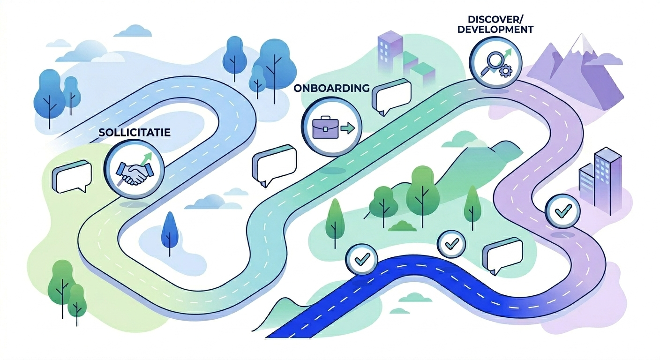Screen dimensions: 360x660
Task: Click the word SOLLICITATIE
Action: pos(135,133)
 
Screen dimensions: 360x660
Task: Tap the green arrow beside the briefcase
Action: pos(347,127)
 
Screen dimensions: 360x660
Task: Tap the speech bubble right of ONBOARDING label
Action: pos(393,96)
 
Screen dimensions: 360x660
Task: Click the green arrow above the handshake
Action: pos(148,157)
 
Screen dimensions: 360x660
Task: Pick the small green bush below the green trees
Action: pos(403,226)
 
